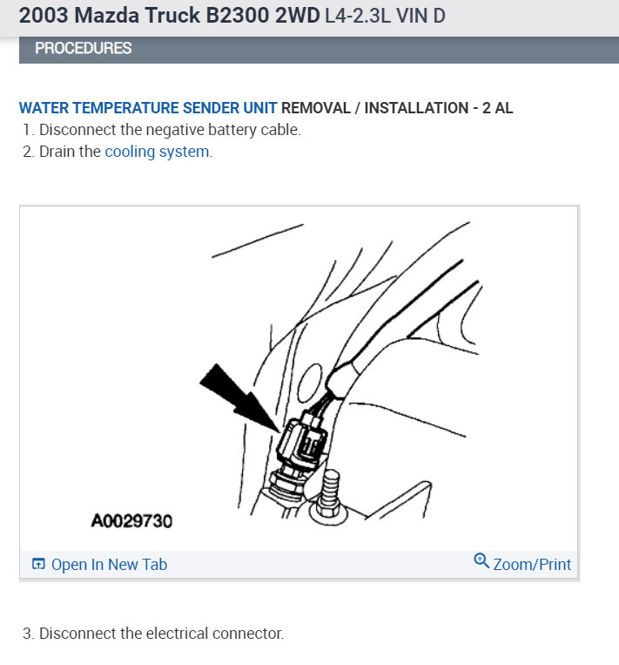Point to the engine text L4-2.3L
pos(358,16)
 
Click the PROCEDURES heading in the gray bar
pos(84,49)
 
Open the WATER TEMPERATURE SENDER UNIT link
pos(148,108)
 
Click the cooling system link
pos(158,152)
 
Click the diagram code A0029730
pos(131,521)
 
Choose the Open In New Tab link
pos(109,565)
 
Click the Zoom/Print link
pos(532,565)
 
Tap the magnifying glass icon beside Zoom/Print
pos(481,561)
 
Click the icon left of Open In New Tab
pos(38,565)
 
